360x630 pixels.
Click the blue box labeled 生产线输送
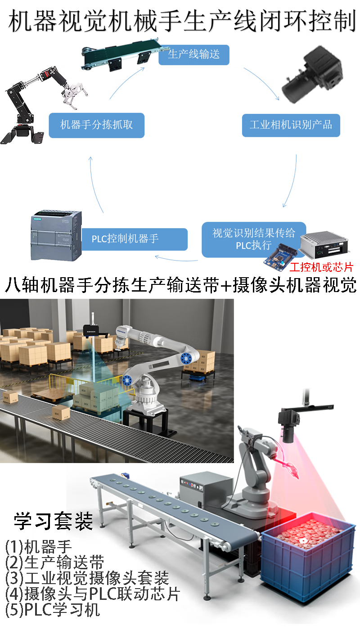point(194,54)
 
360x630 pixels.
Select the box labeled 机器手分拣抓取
point(96,125)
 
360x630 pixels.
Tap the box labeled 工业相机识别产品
point(291,125)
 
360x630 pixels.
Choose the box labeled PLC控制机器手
point(135,239)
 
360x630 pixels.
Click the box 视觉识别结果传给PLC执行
point(254,239)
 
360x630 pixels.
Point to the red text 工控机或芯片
point(321,267)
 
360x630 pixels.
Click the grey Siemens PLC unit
point(56,235)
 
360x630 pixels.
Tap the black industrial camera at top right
point(312,75)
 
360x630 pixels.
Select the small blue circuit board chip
point(280,257)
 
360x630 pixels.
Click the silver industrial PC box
point(324,244)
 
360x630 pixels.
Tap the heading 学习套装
point(54,521)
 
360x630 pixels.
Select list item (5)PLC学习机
point(53,610)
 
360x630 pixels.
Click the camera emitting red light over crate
point(289,425)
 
